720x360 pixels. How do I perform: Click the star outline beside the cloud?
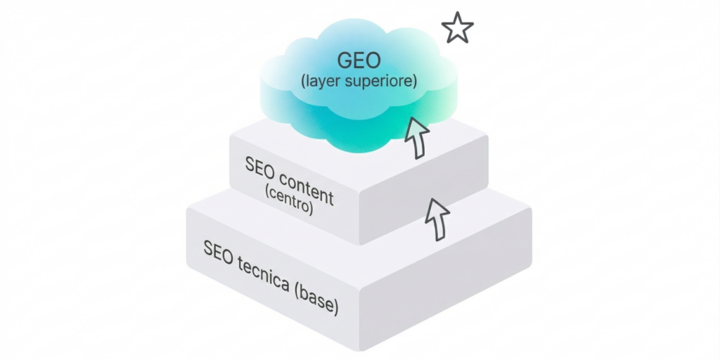tap(457, 28)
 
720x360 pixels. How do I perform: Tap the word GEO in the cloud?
tap(357, 61)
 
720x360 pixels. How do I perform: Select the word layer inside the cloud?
tap(321, 81)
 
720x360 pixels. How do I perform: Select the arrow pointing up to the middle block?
tap(437, 219)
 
